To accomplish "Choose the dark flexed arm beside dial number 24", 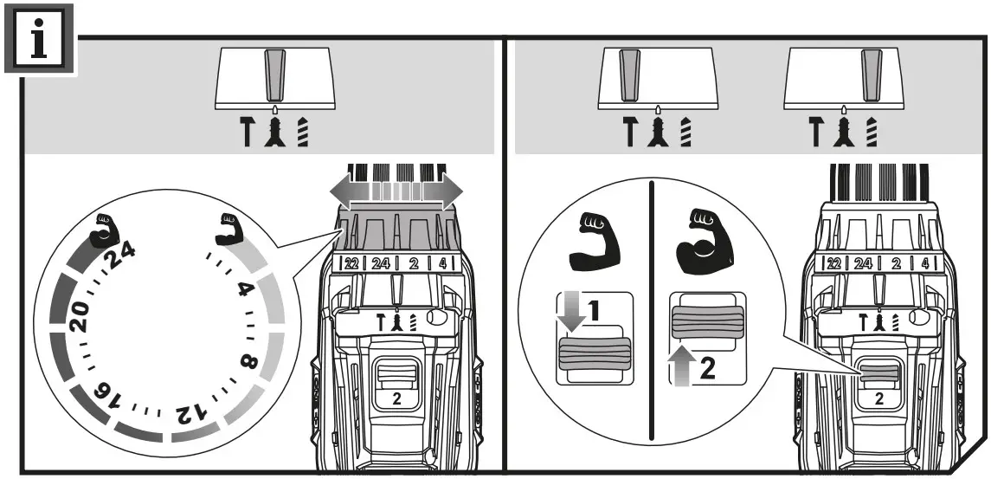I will pos(106,228).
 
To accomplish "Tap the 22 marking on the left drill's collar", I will pos(350,262).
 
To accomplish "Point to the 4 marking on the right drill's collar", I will pos(925,262).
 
